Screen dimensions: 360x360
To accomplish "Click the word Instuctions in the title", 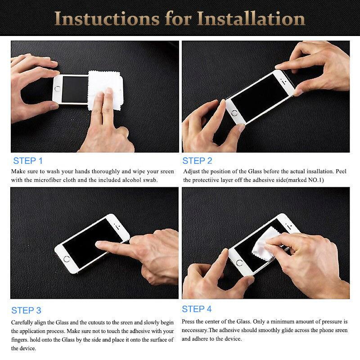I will tap(108, 18).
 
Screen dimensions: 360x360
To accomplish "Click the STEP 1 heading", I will tap(28, 161).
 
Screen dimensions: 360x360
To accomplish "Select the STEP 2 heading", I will tap(197, 161).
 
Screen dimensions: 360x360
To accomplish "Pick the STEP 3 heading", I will tap(26, 310).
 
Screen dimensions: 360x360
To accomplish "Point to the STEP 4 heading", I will tap(197, 309).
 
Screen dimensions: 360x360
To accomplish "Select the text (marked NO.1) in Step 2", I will tap(305, 180).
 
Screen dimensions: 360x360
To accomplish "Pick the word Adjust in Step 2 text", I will tap(192, 171).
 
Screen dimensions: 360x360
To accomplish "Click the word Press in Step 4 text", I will tap(189, 322).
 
